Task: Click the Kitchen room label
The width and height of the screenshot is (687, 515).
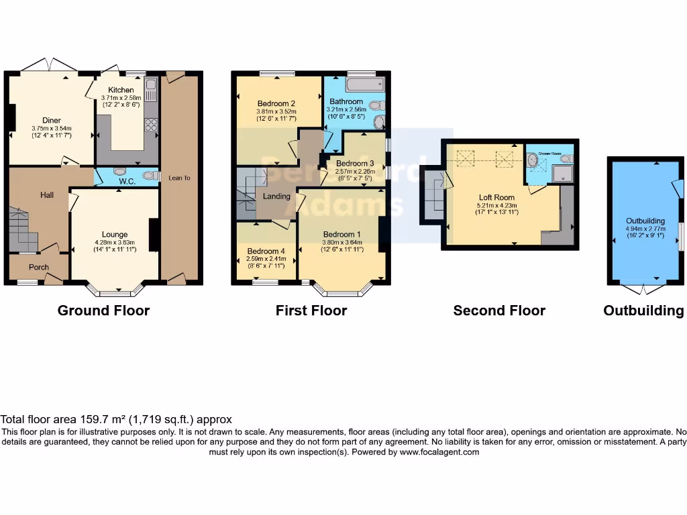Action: click(121, 90)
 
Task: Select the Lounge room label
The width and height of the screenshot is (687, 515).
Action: click(115, 234)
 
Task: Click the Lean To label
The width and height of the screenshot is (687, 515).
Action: click(179, 178)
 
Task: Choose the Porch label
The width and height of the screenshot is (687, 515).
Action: click(38, 267)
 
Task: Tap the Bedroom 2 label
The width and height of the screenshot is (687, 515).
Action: click(276, 103)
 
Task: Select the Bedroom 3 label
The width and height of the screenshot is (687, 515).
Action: click(355, 164)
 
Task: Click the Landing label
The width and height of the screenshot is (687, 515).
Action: click(276, 196)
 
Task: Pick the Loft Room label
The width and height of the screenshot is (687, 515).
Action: click(495, 198)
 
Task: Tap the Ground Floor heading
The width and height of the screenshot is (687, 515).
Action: click(103, 310)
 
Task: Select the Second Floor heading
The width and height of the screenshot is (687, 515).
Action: click(499, 310)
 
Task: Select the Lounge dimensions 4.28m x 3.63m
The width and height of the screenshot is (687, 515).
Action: click(115, 242)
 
